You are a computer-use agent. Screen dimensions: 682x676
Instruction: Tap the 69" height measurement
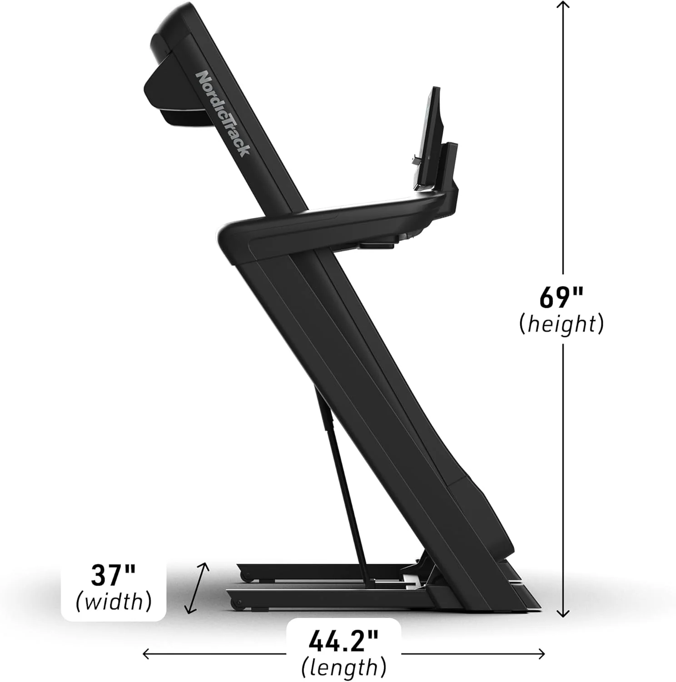561,298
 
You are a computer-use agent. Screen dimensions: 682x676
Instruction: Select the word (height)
562,324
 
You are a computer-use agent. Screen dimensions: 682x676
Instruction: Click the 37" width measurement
113,576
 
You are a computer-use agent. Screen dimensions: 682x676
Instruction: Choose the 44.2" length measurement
343,641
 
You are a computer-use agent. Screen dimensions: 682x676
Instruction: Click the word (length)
344,667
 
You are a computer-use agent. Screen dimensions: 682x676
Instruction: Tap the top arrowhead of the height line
563,5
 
